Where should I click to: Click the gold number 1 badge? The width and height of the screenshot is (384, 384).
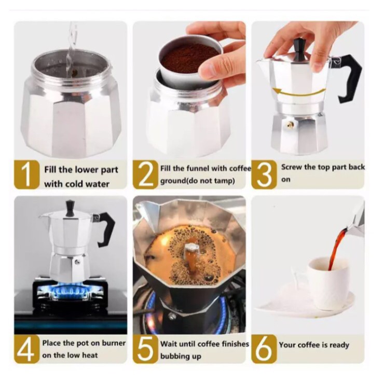26,175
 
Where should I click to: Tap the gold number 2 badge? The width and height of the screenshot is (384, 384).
145,175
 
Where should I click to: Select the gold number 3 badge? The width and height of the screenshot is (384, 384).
264,175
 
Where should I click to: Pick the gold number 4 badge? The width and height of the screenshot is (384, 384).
26,349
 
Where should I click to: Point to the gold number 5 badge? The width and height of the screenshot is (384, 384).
145,349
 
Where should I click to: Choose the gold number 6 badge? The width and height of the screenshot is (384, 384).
264,349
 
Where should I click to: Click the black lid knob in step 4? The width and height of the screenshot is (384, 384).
70,208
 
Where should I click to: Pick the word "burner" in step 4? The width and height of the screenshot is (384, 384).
114,343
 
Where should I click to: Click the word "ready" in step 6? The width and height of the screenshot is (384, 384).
339,345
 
